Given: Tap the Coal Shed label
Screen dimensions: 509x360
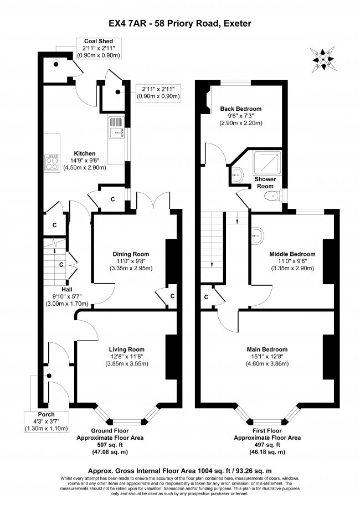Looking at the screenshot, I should point(98,41).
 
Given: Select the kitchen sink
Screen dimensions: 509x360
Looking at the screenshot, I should point(117,130).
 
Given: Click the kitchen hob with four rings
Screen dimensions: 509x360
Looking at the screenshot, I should point(52,161).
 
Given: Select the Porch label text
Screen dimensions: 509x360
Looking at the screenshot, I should point(46,414).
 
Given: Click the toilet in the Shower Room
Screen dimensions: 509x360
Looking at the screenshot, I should point(270,196).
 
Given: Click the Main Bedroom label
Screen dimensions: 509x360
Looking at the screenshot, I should point(267,349).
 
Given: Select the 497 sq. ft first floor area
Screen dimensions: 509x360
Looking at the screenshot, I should point(266,445).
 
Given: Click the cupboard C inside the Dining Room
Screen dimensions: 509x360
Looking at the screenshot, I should point(173,296).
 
